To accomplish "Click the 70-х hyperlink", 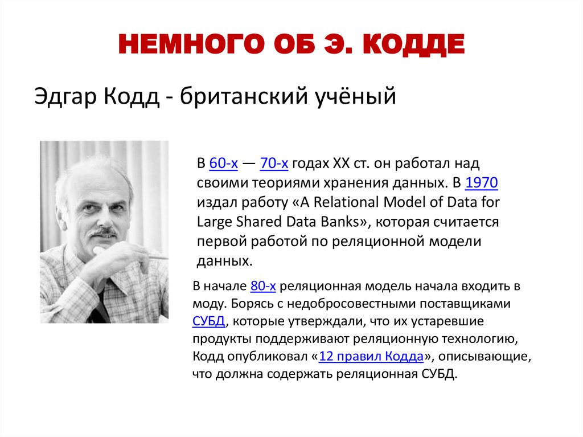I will click(x=274, y=164).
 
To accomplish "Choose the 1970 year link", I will click(x=482, y=183).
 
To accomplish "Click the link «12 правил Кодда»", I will click(x=371, y=357).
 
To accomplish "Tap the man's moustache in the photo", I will click(x=103, y=232).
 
